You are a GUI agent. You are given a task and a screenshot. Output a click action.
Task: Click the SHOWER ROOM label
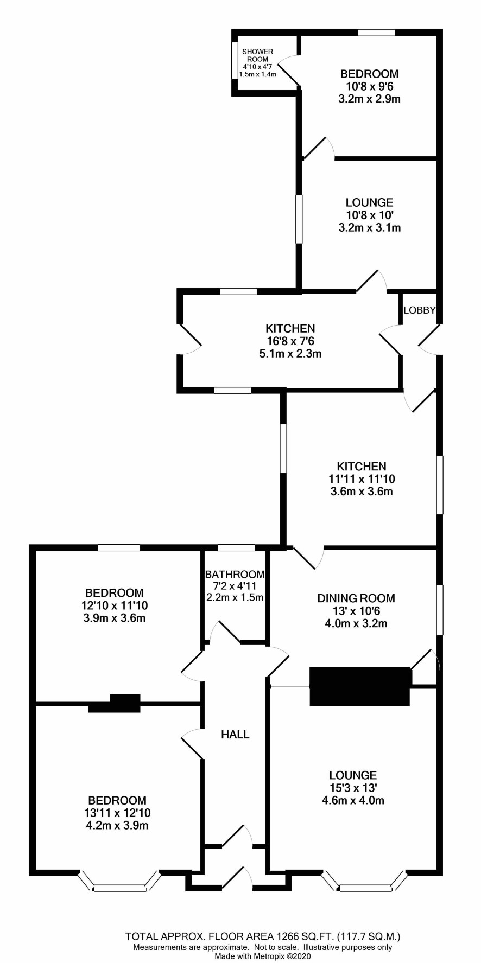click(257, 55)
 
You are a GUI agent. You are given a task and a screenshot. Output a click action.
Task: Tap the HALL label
click(235, 735)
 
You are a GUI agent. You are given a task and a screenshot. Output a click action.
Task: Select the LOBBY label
click(420, 310)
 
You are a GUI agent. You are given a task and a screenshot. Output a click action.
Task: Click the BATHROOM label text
click(235, 574)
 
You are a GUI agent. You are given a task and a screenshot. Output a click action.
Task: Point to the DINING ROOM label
click(356, 598)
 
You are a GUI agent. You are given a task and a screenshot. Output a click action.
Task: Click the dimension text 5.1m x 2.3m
click(290, 354)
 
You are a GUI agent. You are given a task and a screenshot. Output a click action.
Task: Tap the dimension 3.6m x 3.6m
click(362, 492)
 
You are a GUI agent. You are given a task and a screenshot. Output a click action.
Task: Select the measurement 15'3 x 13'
click(353, 788)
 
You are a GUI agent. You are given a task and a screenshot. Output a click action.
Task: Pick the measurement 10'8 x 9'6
click(369, 86)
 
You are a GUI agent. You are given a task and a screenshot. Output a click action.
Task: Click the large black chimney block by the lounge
click(359, 686)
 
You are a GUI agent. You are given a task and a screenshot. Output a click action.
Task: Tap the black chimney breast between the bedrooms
click(115, 703)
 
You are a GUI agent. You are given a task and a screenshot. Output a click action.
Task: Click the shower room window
click(235, 60)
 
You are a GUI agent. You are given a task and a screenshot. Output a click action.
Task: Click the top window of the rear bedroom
click(377, 33)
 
